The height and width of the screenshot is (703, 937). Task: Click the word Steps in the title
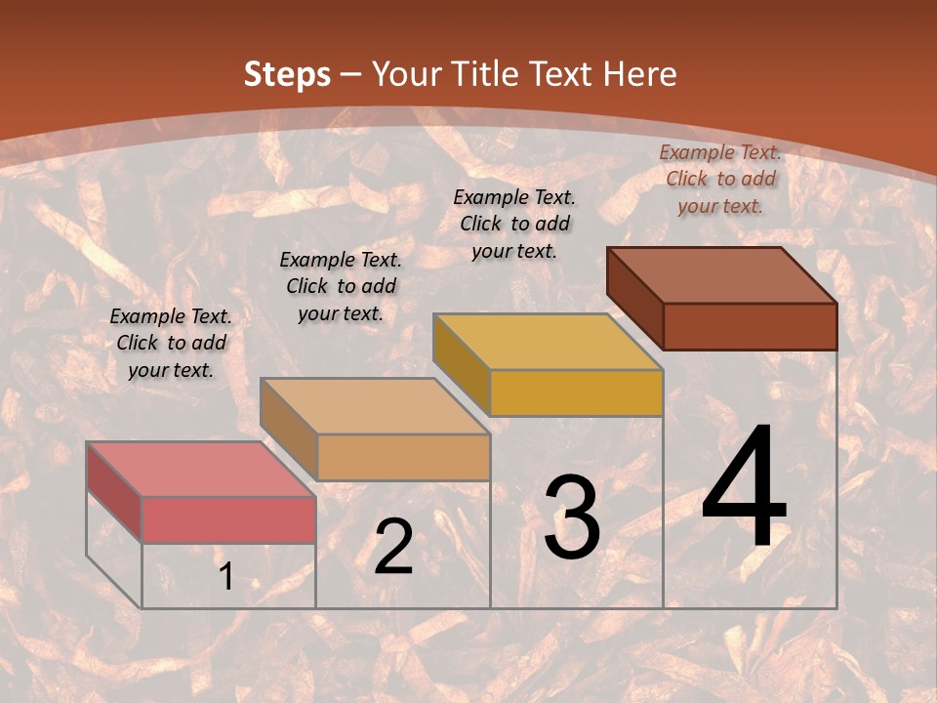[286, 74]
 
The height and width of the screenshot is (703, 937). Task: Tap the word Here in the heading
[639, 74]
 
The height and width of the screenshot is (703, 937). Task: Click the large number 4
[744, 488]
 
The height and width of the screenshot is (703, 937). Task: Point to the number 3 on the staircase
[572, 517]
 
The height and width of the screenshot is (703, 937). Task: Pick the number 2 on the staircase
[393, 547]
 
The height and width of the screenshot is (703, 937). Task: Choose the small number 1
[226, 577]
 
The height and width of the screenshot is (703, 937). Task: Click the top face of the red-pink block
[201, 469]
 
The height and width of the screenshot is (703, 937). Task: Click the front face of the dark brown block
[750, 326]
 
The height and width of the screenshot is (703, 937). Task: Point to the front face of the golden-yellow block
[576, 393]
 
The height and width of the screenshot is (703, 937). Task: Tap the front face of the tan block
[403, 457]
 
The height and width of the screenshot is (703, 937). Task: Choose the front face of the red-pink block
[228, 519]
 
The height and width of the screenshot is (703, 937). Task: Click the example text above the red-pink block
[171, 343]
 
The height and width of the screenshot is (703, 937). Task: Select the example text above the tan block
[341, 286]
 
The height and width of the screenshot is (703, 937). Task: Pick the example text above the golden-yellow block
[514, 224]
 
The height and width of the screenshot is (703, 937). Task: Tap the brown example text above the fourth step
[720, 179]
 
